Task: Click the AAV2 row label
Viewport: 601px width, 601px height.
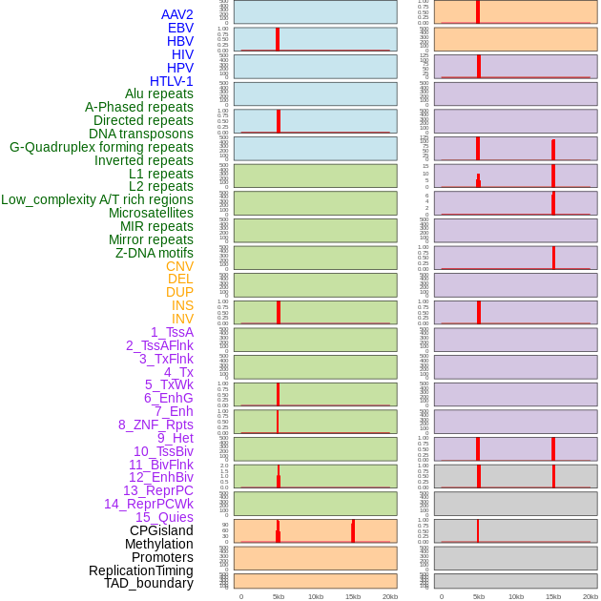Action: [x=176, y=14]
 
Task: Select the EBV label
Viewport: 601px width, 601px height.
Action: [x=180, y=28]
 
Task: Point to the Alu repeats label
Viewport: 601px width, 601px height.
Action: [x=158, y=94]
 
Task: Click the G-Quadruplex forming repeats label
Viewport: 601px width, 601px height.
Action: [x=101, y=148]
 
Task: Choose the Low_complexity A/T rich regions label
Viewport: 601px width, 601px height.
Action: [x=97, y=200]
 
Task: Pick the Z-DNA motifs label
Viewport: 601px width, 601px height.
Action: [x=155, y=254]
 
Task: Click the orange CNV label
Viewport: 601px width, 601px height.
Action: [x=179, y=266]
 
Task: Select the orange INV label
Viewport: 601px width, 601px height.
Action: [x=182, y=319]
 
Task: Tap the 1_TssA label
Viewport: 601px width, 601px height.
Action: [x=172, y=332]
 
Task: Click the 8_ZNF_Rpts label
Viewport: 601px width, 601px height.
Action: [x=155, y=425]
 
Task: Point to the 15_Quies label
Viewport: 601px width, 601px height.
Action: [x=164, y=517]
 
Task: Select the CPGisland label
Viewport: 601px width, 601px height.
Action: [x=161, y=530]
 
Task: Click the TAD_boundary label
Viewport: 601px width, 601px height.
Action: [x=149, y=583]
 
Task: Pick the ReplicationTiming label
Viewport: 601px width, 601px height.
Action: [x=141, y=570]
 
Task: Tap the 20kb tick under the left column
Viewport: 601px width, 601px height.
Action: [x=390, y=596]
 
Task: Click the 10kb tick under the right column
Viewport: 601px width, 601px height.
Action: [x=516, y=596]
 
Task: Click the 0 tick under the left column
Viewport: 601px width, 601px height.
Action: [x=241, y=596]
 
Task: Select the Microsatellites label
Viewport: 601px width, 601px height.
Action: [x=151, y=213]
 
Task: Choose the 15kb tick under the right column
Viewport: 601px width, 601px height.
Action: [x=553, y=596]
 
